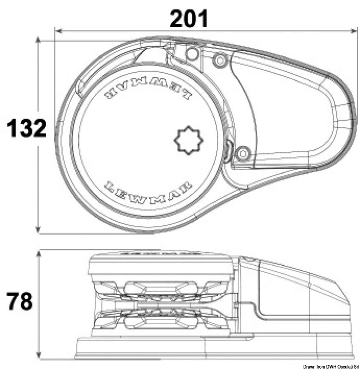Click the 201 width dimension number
pos(189,19)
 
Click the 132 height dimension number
pos(27,128)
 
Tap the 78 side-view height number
pos(19,301)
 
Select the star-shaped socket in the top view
pos(189,140)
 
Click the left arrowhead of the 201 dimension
pos(58,31)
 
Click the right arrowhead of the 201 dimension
pos(354,31)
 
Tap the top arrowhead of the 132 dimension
pos(38,40)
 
